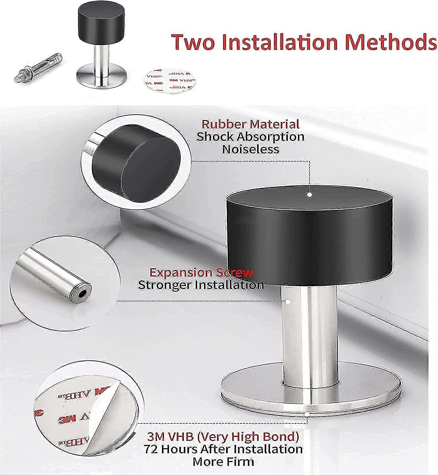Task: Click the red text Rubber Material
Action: click(250, 124)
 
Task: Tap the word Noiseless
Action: click(251, 149)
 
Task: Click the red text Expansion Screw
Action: click(201, 273)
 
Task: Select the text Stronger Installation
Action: click(201, 285)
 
